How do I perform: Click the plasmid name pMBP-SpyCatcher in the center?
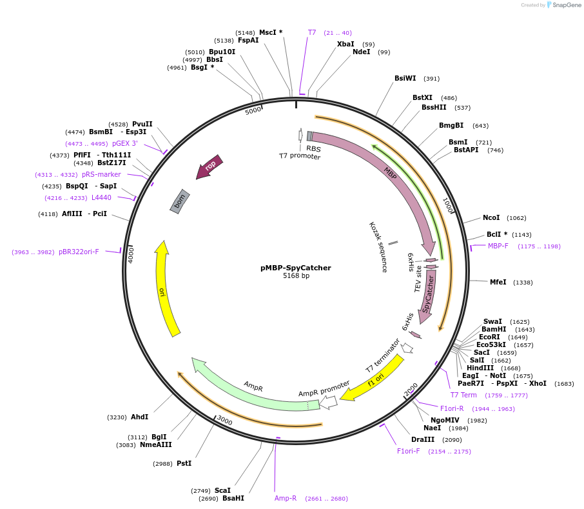pos(295,268)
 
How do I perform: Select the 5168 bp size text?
pos(296,276)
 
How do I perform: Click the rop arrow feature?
pos(209,166)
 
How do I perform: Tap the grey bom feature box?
pos(180,201)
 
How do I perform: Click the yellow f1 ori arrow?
pos(373,381)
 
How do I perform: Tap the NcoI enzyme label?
pos(491,217)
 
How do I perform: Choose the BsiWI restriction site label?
pos(405,78)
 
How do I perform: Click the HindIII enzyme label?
pos(480,368)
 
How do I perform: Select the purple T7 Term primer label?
pos(463,395)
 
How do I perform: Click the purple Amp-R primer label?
pos(286,498)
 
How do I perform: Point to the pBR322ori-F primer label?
pos(79,252)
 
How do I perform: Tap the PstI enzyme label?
pos(184,463)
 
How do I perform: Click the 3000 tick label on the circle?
pos(224,420)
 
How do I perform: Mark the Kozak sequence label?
pos(378,246)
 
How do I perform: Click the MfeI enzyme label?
pos(498,282)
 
